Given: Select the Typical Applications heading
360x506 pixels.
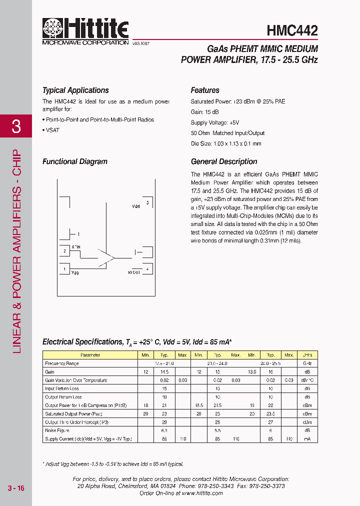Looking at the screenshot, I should pos(75,90).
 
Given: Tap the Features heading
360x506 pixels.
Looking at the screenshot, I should pos(205,90).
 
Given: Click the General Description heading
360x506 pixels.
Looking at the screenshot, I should pos(224,161).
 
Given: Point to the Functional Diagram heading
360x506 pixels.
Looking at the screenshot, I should pos(75,161).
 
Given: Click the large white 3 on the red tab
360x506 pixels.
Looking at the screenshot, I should pos(16,126).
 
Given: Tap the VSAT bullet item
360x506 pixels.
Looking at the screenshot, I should pos(52,129).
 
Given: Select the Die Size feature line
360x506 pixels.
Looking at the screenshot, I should pos(226,143).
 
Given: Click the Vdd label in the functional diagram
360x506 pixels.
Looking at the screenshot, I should pos(136,206).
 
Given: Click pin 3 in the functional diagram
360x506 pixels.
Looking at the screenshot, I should pos(147,203).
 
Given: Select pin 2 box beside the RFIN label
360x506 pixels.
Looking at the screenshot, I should pos(64,251).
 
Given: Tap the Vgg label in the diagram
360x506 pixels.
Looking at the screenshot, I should pos(75,272).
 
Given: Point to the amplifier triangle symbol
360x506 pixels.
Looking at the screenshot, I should pos(106,257).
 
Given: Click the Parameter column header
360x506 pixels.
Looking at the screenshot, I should pos(90,355).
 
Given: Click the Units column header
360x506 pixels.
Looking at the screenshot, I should pos(307,355).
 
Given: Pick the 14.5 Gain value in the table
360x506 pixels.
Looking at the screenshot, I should pos(164,372).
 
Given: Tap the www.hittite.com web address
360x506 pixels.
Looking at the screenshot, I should pos(202,493).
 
